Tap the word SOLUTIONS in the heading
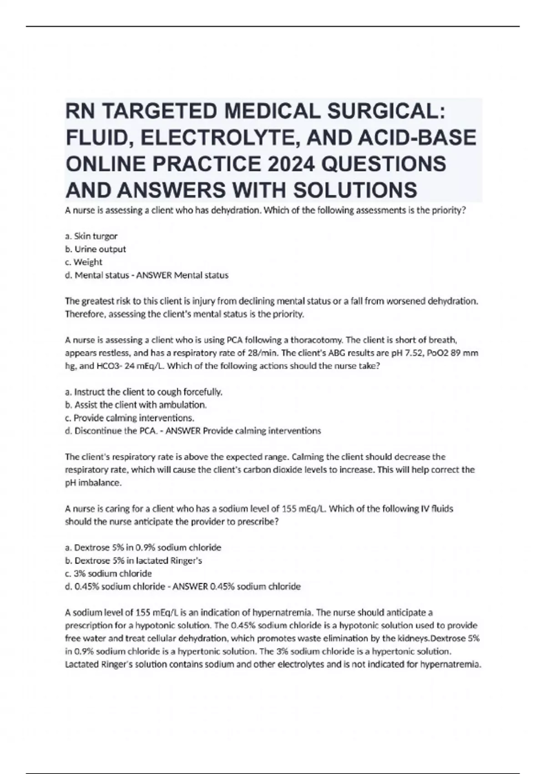click(354, 190)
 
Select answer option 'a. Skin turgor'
click(91, 236)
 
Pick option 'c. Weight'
click(84, 262)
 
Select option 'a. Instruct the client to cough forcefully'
click(144, 392)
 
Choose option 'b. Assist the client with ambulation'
click(136, 404)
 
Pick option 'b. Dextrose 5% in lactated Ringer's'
click(134, 560)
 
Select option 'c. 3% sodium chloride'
click(109, 573)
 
